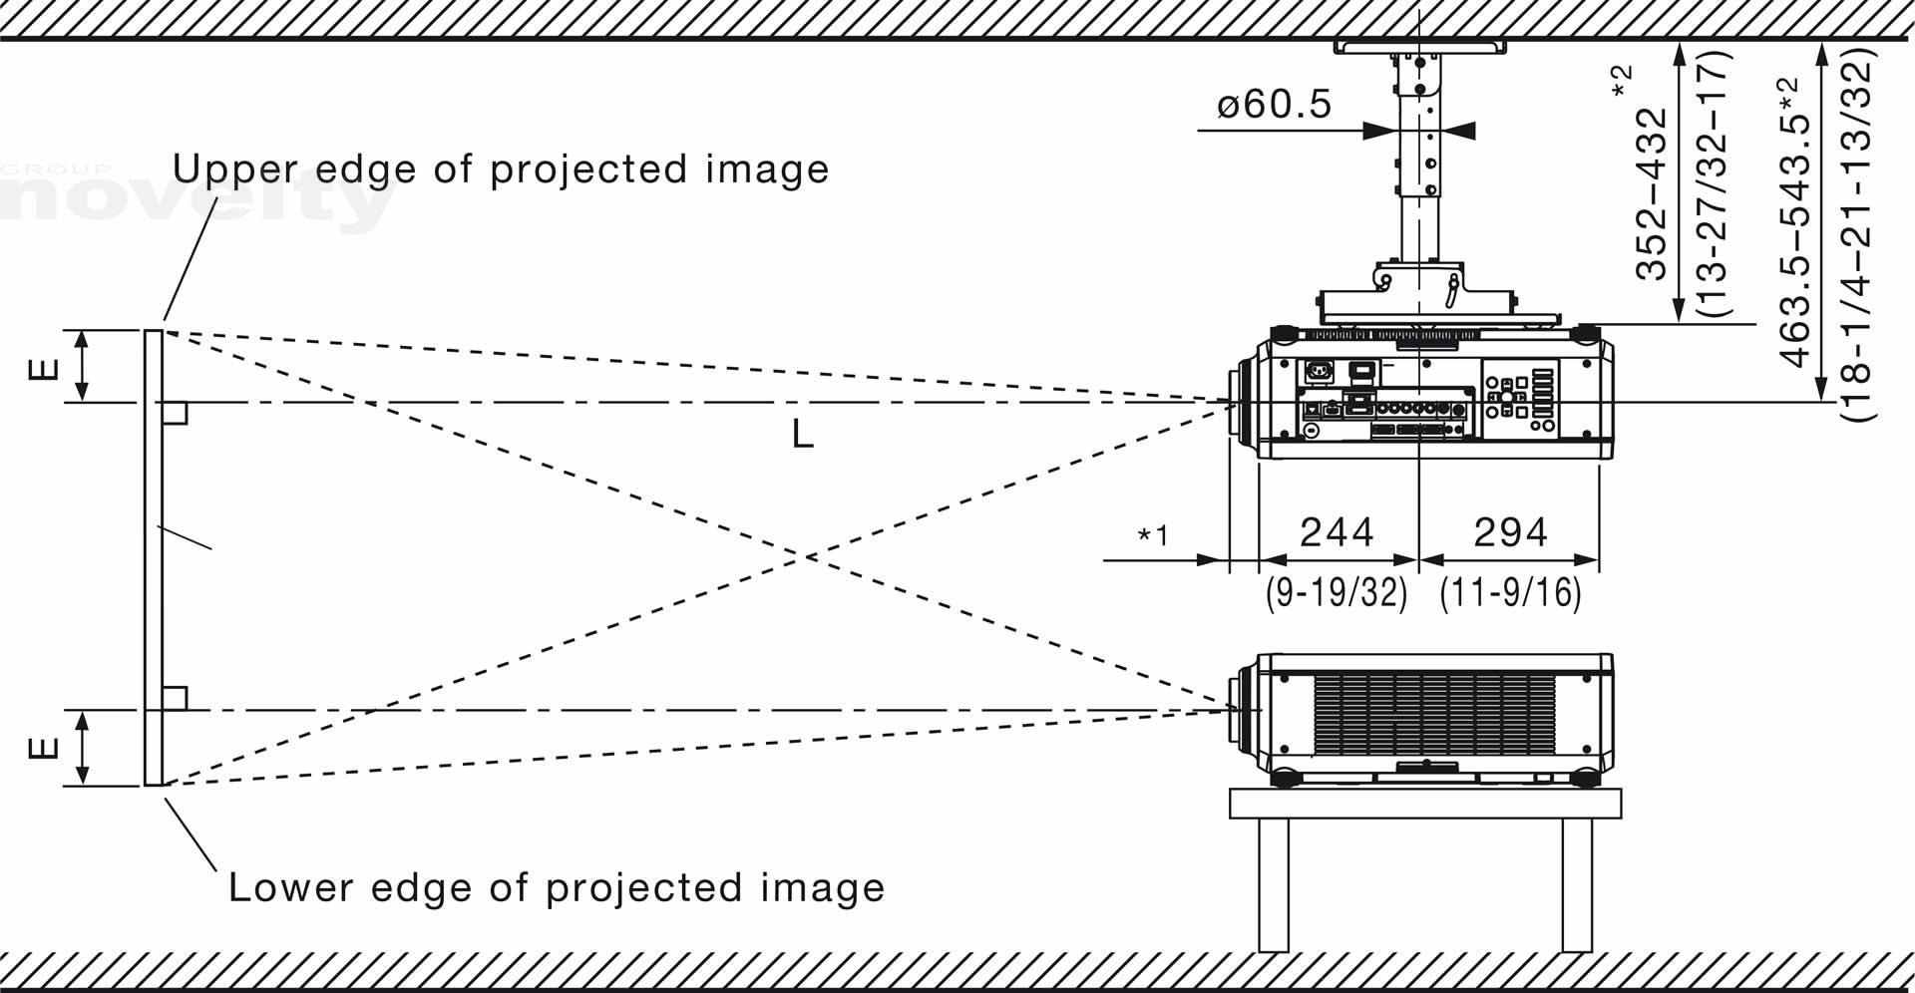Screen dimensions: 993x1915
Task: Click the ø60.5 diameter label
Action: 1274,104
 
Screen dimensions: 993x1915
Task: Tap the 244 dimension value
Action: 1337,532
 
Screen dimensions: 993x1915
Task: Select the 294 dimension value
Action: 1510,532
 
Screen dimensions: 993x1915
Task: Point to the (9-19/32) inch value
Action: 1337,593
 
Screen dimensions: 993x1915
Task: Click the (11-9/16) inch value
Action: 1510,593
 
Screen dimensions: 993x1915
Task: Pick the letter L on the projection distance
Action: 802,434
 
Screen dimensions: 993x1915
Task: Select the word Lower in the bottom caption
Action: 281,887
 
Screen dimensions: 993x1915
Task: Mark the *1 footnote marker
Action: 1153,536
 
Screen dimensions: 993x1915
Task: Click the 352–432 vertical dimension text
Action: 1652,194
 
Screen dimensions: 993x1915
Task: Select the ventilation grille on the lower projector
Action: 1434,713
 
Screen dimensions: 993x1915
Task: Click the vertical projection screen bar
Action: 153,557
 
